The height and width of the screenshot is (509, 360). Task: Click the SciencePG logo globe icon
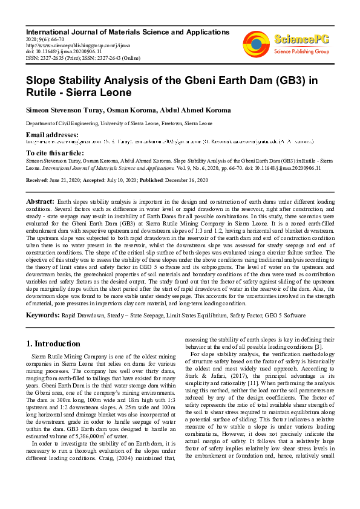(x=256, y=42)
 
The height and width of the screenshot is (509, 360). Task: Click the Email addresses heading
(x=52, y=134)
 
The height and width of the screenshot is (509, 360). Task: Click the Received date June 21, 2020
(x=76, y=180)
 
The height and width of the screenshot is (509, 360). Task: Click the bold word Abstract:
(x=41, y=200)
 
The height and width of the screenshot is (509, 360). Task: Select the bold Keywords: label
(x=42, y=315)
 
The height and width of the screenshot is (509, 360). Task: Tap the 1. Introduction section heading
(x=53, y=343)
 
